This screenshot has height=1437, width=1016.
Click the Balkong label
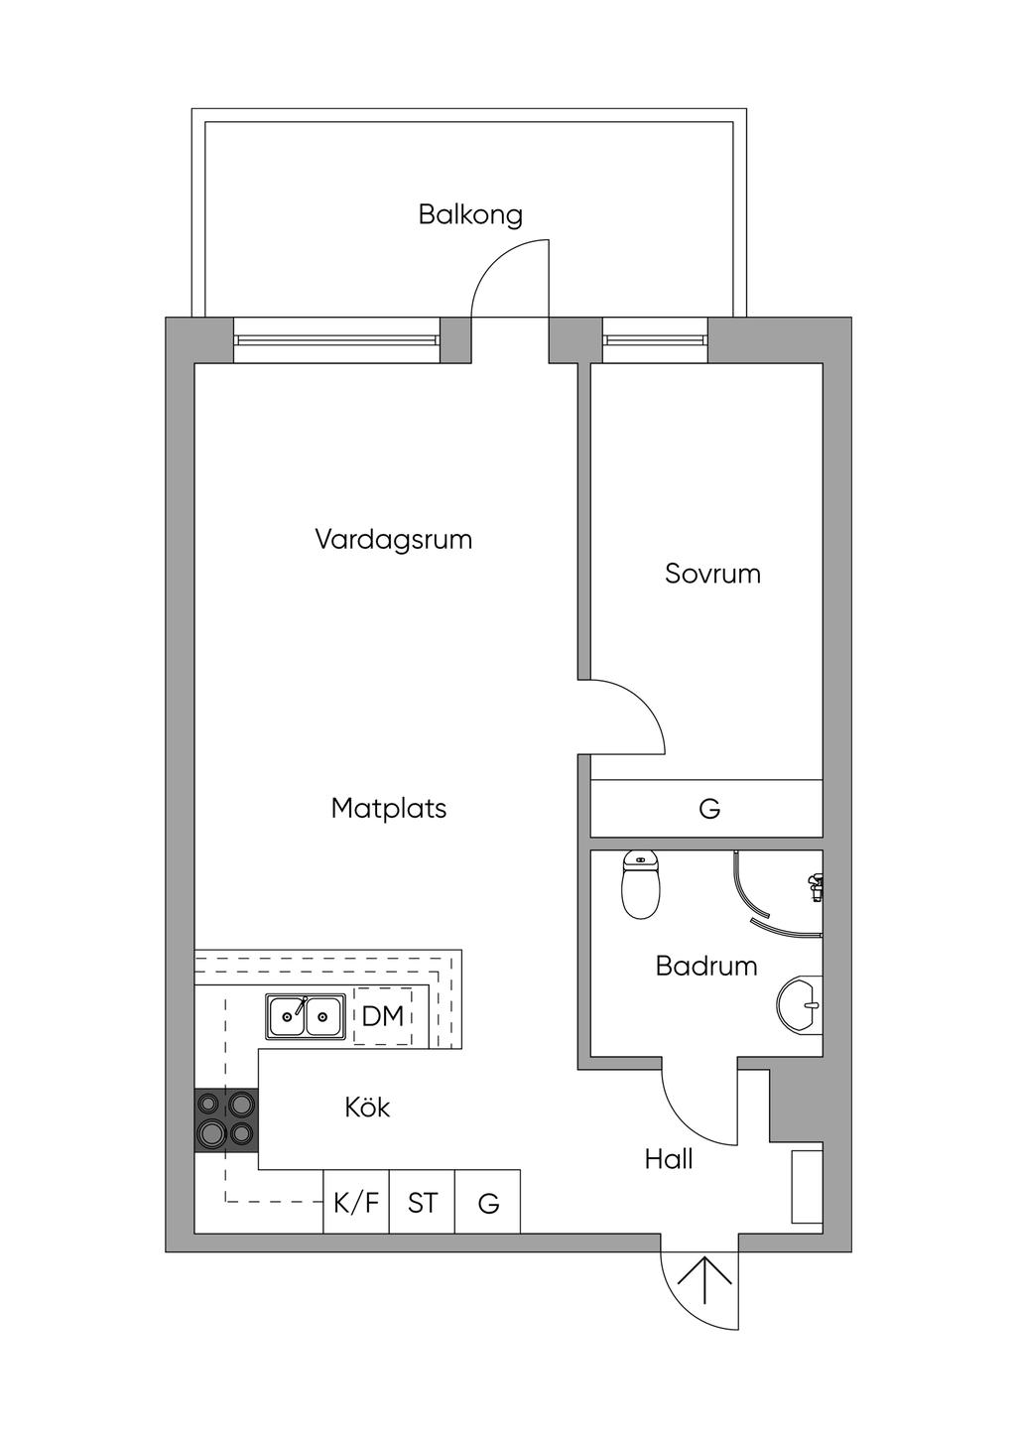coord(470,215)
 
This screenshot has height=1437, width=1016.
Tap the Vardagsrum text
coord(393,541)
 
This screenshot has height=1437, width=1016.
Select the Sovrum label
coord(712,575)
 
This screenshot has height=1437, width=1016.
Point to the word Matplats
coord(389,809)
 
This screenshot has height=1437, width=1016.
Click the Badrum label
coord(706,967)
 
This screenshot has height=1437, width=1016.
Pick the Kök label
coord(367,1108)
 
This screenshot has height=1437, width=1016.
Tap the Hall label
coord(669,1159)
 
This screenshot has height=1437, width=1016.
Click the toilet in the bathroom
coord(640,885)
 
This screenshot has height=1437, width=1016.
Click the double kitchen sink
coord(306,1016)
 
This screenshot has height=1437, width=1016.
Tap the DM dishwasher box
coord(383,1016)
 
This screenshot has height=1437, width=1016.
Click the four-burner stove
coord(226,1119)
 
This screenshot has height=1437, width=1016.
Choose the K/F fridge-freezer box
coord(356,1204)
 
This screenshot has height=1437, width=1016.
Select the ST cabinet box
coord(423,1204)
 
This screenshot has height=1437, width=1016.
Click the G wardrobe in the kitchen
coord(488,1204)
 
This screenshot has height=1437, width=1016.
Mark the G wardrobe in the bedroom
coord(707,809)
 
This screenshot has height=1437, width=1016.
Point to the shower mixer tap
coord(816,885)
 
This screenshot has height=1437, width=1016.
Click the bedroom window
coord(656,340)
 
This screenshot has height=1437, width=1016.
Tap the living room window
coord(336,340)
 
